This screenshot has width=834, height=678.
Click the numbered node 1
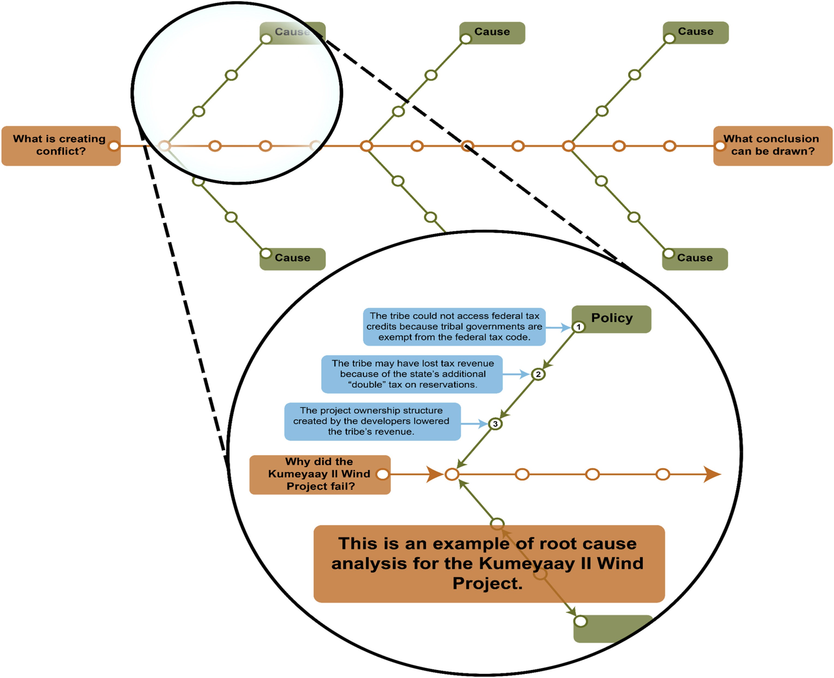pos(579,327)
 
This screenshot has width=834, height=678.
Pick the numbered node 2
pos(538,374)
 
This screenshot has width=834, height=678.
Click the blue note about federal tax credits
pos(454,327)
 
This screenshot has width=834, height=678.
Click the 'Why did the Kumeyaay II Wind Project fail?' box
pos(320,474)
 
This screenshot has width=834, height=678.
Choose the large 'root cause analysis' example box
pos(489,563)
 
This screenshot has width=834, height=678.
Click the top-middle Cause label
pos(492,32)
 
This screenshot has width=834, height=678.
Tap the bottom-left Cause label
pos(292,258)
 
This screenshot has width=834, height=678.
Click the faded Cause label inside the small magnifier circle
pos(292,32)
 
